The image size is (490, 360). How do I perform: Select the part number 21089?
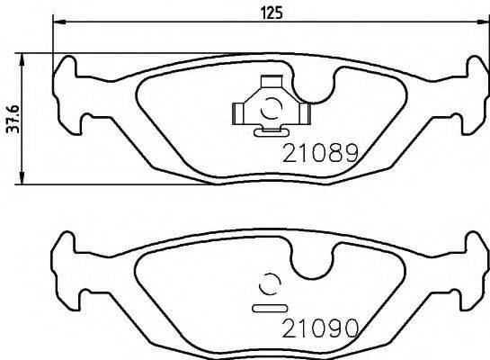tap(321, 153)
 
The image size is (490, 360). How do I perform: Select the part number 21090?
tap(321, 326)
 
